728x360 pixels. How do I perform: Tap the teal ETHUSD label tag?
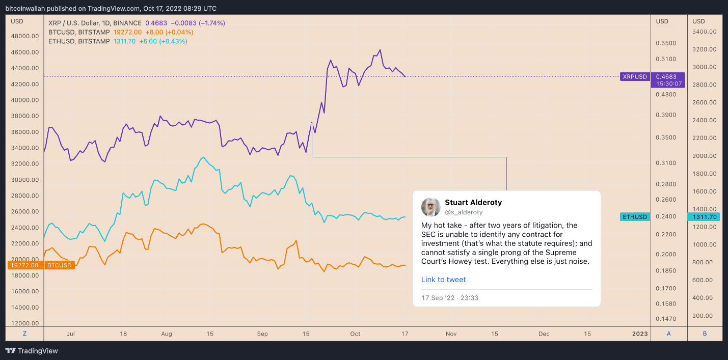click(635, 217)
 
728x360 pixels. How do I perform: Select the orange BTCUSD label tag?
click(59, 265)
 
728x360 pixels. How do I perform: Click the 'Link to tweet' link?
click(443, 280)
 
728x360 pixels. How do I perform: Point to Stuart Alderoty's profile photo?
click(430, 207)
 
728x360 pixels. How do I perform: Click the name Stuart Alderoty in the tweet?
click(473, 203)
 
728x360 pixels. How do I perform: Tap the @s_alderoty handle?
click(464, 212)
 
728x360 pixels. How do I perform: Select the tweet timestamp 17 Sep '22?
click(450, 298)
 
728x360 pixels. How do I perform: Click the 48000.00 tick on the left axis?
click(24, 36)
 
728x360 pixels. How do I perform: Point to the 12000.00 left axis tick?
click(24, 323)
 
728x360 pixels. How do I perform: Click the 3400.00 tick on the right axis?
click(705, 32)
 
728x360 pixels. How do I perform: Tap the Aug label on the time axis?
click(167, 334)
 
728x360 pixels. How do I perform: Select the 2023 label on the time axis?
click(640, 334)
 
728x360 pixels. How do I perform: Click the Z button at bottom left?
click(24, 334)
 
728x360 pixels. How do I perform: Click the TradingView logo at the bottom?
click(32, 351)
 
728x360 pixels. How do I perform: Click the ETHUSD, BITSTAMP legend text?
click(78, 41)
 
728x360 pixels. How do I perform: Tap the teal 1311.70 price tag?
click(705, 217)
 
